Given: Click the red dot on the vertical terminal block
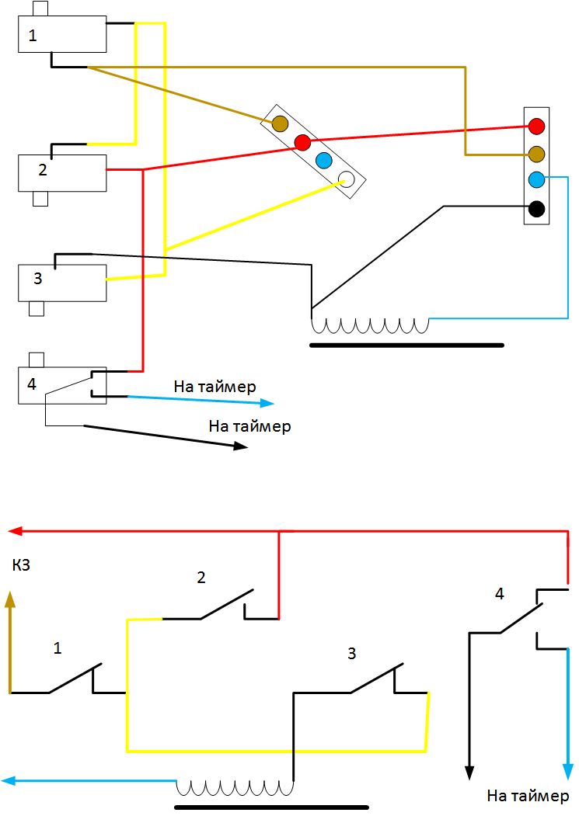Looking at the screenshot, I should point(536,125).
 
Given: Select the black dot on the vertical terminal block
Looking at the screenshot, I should point(536,209).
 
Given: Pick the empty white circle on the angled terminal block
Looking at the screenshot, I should point(347,180).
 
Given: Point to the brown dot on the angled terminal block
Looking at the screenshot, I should point(280,123).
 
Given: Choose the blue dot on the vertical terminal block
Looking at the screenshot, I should point(536,180).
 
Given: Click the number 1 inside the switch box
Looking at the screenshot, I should point(32,35).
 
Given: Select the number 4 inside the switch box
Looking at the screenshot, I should point(32,383).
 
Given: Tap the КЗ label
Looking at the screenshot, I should point(21,567).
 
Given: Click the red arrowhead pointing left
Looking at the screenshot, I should point(13,531).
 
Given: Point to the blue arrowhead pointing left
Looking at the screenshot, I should point(9,782).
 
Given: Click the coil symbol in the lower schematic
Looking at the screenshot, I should point(235,787).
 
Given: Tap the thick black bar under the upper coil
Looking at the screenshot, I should point(406,345).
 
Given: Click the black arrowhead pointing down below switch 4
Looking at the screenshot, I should point(469,771).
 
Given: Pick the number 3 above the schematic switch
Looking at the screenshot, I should point(351,654).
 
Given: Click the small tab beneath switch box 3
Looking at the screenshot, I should point(36,309).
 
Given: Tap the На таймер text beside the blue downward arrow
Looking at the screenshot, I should point(528,796).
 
